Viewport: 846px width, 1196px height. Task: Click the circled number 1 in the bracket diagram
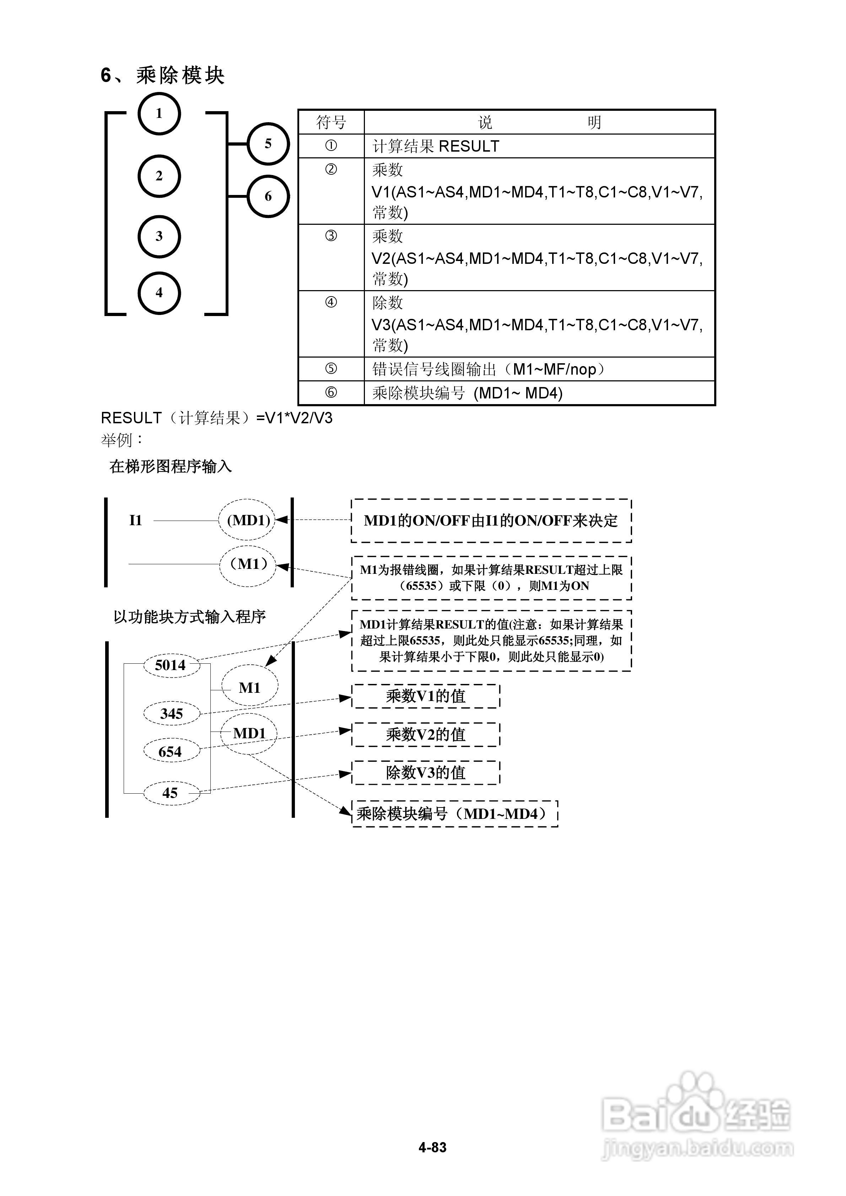159,114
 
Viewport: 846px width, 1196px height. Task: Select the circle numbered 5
268,144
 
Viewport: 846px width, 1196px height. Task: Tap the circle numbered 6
268,196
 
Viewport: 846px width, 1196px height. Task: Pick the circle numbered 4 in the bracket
159,293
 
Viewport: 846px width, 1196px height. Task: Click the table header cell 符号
331,123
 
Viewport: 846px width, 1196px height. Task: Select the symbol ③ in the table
331,236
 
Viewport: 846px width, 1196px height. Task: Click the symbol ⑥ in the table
331,393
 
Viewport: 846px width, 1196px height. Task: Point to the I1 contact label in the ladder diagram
135,520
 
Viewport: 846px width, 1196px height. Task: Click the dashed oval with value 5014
171,665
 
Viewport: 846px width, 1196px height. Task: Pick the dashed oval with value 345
172,714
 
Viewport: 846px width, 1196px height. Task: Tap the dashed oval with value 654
171,752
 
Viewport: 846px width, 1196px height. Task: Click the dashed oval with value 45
171,793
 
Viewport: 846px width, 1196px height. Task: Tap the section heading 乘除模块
180,76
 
